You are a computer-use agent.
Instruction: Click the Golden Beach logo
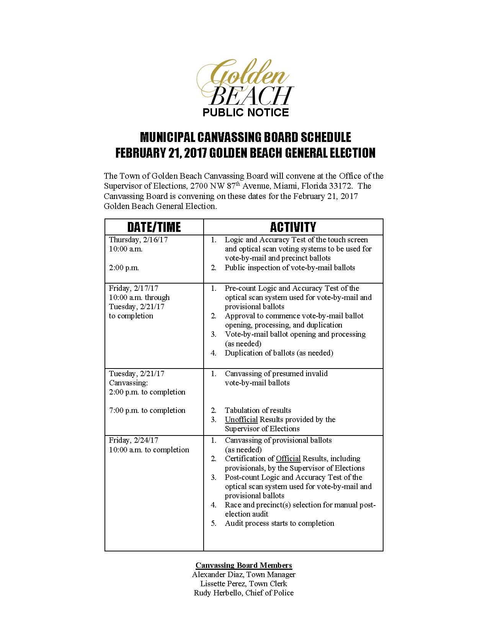(245, 82)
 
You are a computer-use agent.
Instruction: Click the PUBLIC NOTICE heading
(245, 113)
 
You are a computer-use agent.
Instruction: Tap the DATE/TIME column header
(154, 227)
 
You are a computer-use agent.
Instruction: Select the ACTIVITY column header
(293, 227)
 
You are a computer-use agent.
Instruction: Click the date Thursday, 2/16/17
(138, 240)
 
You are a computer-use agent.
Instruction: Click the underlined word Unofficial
(241, 419)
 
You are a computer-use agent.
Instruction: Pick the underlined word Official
(288, 458)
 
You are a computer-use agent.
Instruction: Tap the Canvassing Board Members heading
(244, 565)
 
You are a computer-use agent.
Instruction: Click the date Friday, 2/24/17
(134, 440)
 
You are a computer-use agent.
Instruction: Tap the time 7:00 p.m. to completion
(147, 410)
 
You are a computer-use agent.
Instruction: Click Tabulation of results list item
(258, 410)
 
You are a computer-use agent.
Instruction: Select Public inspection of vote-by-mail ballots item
(290, 267)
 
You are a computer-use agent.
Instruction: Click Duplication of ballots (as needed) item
(279, 353)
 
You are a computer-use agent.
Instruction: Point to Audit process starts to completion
(279, 523)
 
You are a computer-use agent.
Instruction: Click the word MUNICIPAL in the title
(167, 137)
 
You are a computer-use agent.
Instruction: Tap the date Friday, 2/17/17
(134, 288)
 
